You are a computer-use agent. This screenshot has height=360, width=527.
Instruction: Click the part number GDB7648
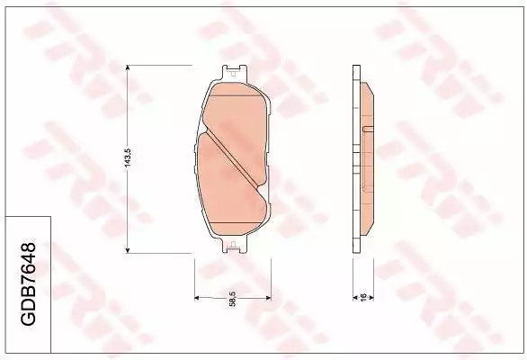point(29,283)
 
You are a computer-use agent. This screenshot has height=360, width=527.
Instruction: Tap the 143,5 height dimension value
point(128,158)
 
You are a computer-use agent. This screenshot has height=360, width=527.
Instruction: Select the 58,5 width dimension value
point(232,299)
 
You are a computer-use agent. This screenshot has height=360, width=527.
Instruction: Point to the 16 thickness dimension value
point(363,297)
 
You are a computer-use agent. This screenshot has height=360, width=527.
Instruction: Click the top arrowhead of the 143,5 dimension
point(128,68)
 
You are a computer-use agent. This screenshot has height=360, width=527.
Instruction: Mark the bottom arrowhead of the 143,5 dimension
point(128,249)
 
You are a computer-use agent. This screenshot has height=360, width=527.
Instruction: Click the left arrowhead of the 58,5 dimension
point(198,298)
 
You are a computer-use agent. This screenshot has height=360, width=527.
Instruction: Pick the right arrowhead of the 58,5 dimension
point(268,298)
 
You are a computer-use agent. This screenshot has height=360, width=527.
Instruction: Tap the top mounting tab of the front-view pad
point(234,73)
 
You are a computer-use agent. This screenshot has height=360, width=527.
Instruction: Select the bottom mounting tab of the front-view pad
point(234,245)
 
